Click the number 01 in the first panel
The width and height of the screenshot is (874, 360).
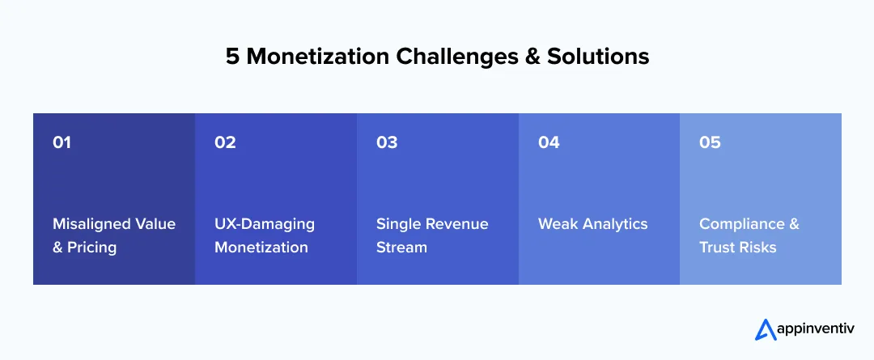click(x=62, y=142)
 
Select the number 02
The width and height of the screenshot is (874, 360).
click(x=225, y=142)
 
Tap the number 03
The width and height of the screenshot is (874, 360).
click(x=387, y=142)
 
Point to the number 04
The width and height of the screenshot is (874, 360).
click(x=549, y=142)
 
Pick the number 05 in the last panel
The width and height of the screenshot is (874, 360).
click(x=710, y=142)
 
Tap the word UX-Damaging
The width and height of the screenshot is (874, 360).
click(x=265, y=224)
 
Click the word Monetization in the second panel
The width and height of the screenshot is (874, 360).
click(x=261, y=248)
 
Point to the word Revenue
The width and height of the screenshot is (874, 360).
click(x=459, y=224)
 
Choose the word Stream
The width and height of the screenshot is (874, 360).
click(x=401, y=248)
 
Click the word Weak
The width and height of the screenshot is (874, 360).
click(x=558, y=224)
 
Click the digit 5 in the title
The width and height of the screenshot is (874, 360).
click(x=231, y=57)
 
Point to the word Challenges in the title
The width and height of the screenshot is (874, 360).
click(x=458, y=57)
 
